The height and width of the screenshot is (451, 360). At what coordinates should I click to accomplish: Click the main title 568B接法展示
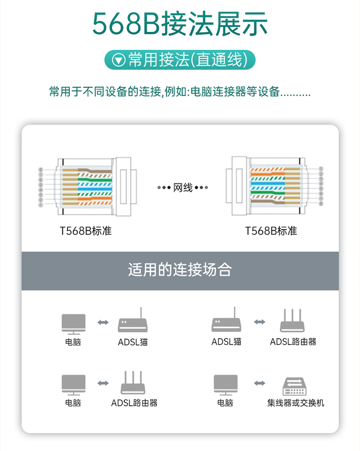click(180, 24)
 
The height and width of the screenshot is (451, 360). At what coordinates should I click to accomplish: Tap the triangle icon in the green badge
click(119, 60)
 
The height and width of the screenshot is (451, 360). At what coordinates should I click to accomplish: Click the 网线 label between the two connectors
click(183, 187)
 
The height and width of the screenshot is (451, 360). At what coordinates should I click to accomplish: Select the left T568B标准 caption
click(86, 231)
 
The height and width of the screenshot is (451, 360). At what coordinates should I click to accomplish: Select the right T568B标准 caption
click(271, 231)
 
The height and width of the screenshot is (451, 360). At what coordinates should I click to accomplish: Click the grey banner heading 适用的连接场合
click(180, 270)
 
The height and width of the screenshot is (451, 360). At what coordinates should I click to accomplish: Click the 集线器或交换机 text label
click(296, 403)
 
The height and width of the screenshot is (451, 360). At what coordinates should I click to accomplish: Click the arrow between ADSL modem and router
click(259, 322)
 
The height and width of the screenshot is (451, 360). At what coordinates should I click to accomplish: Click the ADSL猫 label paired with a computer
click(133, 342)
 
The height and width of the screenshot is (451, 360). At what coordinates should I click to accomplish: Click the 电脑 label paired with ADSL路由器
click(73, 403)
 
